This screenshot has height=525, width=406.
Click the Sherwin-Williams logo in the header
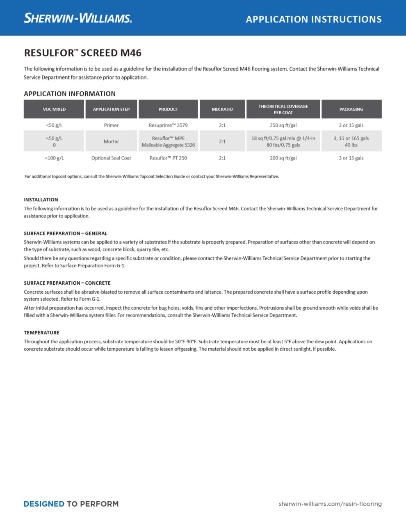coord(78,18)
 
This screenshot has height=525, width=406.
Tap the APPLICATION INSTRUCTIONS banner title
coord(314,19)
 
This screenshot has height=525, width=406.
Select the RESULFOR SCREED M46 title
coord(83,53)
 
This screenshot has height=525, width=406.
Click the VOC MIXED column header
coord(54,109)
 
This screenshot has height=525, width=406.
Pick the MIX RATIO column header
coord(222,109)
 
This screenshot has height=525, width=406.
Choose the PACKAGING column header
coord(351,109)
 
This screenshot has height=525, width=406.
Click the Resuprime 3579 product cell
coord(168,125)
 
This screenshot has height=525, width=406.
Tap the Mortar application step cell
coord(111,142)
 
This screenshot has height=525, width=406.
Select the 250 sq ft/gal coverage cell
coord(283,125)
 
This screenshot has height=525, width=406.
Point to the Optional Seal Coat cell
coord(111,158)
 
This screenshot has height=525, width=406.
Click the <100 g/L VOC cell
coord(54,158)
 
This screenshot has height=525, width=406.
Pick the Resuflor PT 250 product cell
coord(168,158)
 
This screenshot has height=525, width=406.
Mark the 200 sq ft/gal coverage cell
coord(283,158)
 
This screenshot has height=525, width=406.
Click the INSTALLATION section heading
coord(41,200)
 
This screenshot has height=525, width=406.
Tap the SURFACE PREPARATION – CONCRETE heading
coord(67,283)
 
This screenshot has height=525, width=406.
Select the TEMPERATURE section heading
coord(41,333)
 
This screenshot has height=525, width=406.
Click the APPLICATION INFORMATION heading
coord(70,94)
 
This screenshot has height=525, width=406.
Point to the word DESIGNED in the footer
coord(44,504)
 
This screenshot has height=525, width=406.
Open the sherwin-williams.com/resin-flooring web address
coord(330,504)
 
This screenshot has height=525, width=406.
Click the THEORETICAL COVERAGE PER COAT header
coord(283,109)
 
